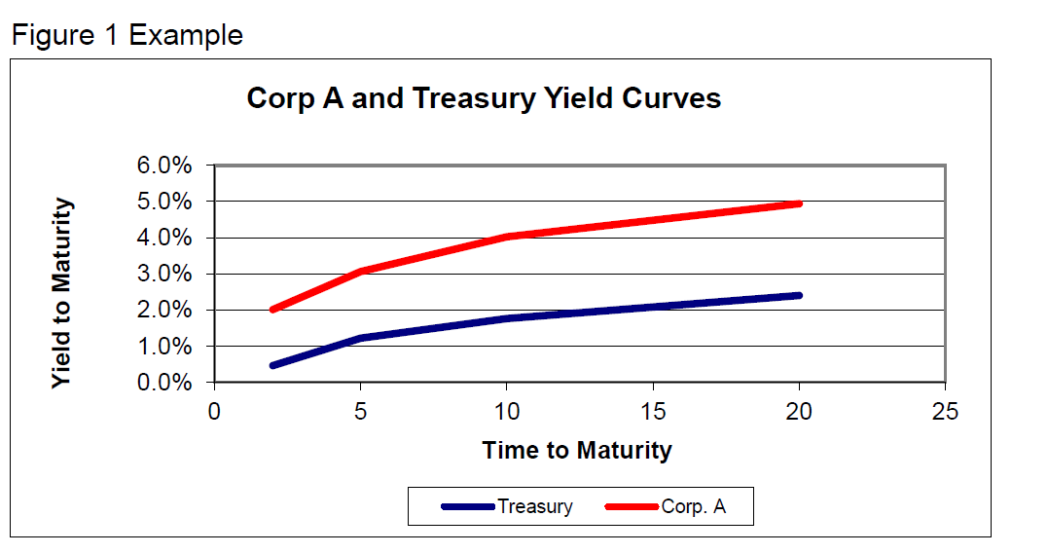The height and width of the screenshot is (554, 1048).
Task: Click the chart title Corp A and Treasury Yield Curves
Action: point(484,98)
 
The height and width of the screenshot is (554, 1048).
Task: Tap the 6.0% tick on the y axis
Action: point(164,166)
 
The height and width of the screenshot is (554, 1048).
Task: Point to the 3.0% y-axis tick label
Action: point(164,274)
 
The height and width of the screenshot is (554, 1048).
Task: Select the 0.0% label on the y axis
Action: point(164,383)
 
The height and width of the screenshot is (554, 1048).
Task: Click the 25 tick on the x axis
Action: point(945,412)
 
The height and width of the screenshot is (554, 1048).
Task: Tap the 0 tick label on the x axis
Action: point(214,412)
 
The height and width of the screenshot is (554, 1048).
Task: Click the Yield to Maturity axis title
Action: point(62,293)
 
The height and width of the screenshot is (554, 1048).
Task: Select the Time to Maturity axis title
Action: point(577,451)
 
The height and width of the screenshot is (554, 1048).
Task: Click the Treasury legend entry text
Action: point(534,506)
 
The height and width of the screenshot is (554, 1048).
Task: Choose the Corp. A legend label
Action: point(693,506)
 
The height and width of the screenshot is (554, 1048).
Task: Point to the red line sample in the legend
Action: point(632,506)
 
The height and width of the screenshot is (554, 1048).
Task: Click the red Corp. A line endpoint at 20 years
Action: point(799,203)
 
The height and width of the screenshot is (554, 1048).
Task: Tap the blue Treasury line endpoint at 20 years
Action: point(799,295)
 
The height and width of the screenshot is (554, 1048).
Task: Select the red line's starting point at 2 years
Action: point(272,310)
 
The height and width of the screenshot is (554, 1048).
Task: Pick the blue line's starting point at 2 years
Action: point(272,366)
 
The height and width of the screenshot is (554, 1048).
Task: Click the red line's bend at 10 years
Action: point(507,237)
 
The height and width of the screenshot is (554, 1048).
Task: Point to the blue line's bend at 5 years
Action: point(361,338)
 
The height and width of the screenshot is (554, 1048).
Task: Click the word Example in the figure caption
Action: point(186,36)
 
